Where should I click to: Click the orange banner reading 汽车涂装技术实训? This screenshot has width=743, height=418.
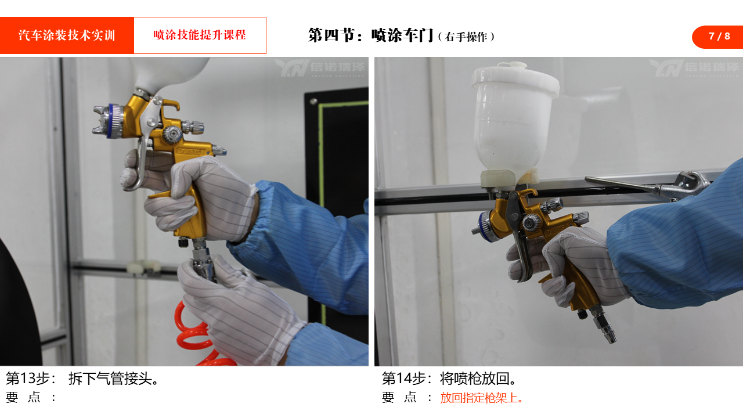point(67,35)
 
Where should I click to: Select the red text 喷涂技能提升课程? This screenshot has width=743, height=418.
point(199,35)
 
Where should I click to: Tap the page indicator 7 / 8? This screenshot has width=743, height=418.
point(719,36)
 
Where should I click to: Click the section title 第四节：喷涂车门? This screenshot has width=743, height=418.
point(371,35)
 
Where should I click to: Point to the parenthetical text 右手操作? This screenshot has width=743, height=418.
point(466,37)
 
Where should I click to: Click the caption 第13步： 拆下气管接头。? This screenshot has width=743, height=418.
point(82,379)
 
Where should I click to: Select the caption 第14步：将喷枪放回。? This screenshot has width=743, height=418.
point(449,379)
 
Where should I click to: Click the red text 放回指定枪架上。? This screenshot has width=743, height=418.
point(482,398)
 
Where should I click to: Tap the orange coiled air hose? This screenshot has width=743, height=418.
point(196,335)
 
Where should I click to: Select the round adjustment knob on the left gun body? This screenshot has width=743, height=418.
point(171,134)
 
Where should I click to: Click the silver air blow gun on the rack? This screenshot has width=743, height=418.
point(647,186)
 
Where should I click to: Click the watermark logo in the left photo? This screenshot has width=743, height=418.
point(320,68)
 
